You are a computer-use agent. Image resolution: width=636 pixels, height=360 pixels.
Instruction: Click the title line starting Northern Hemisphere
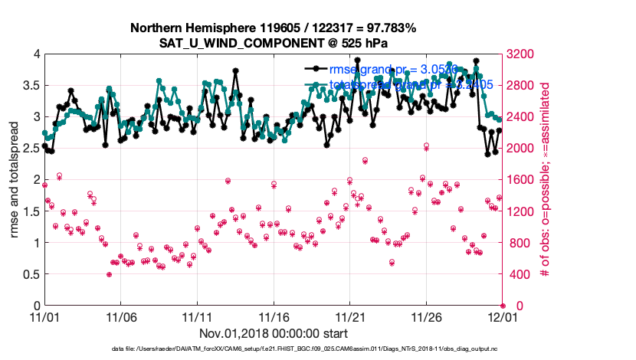pos(273,28)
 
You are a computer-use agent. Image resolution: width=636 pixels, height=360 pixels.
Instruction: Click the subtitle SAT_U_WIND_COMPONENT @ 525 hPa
pos(273,43)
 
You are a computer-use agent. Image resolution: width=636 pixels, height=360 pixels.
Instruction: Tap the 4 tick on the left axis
pos(35,54)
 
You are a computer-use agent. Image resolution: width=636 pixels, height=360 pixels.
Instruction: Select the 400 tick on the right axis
pos(519,274)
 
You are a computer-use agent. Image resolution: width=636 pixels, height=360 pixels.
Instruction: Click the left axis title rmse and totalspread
pos(15,179)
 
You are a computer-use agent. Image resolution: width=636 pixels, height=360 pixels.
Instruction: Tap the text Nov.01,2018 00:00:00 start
pos(274,334)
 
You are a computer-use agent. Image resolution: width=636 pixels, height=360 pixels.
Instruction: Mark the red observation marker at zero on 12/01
pos(503,306)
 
